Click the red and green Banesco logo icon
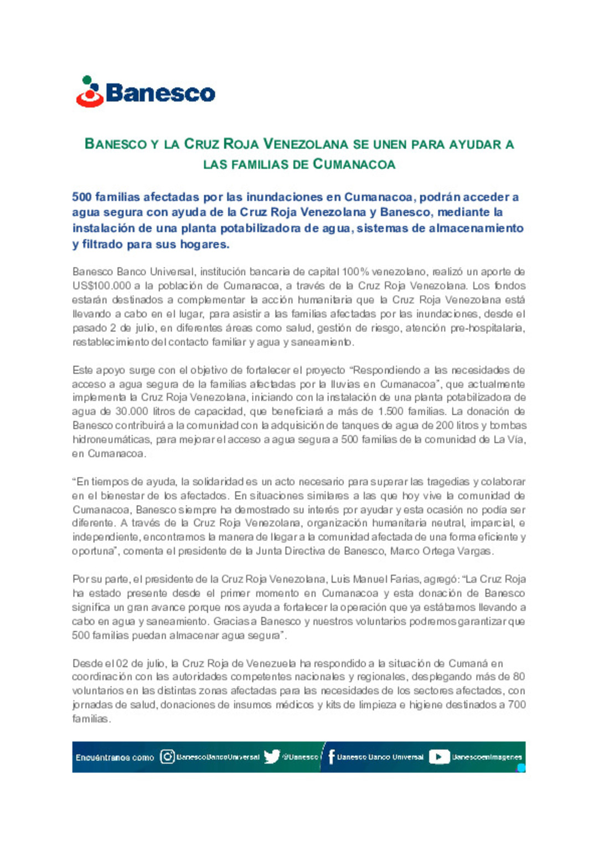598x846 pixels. coord(90,92)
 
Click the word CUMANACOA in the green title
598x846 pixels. coord(354,164)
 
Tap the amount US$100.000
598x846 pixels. coord(101,286)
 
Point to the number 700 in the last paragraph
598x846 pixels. coord(516,705)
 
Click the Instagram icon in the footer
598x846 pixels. coord(167,757)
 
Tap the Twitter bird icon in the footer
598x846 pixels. coord(271,757)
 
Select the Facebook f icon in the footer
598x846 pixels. coord(331,757)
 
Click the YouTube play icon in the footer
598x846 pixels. coord(439,757)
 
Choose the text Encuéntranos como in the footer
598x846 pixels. coord(115,757)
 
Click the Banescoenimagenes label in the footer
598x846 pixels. coord(487,757)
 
